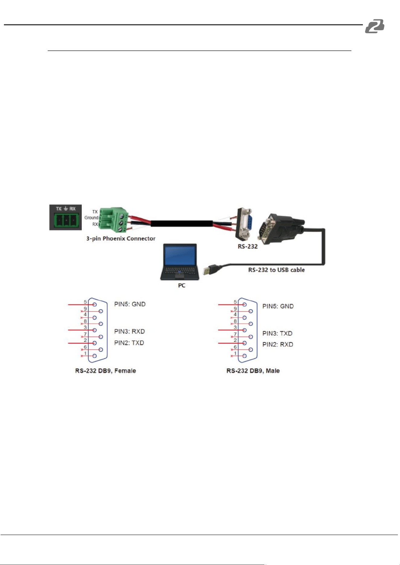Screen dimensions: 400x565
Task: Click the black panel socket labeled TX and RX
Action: (66, 217)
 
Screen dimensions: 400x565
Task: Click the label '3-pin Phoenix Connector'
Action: (121, 238)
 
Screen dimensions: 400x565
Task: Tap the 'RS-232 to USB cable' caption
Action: (277, 270)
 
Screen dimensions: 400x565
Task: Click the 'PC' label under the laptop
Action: (181, 285)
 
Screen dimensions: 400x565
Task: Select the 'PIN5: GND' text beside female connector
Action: (130, 304)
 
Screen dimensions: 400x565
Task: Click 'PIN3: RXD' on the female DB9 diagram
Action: (130, 331)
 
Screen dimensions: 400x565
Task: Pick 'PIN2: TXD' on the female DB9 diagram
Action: (129, 343)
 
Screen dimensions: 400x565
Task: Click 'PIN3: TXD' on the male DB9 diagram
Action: (277, 333)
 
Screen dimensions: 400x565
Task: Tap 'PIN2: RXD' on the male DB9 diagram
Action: (278, 344)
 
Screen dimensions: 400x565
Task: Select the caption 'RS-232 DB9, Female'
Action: (106, 371)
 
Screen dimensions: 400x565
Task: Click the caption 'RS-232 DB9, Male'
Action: (253, 371)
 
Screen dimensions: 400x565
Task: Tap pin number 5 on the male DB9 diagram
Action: (235, 302)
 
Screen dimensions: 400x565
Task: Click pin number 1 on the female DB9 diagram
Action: (85, 353)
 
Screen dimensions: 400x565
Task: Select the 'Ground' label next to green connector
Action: (91, 218)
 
